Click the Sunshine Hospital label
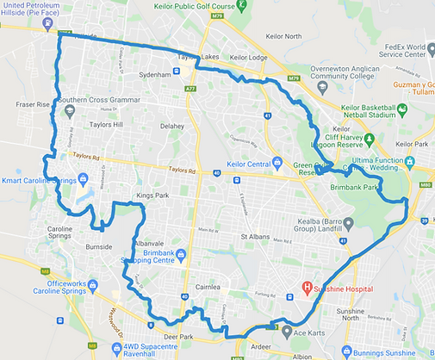(x=339, y=287)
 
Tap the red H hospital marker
(x=306, y=287)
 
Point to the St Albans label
(x=257, y=236)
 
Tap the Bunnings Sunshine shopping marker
(x=345, y=351)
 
